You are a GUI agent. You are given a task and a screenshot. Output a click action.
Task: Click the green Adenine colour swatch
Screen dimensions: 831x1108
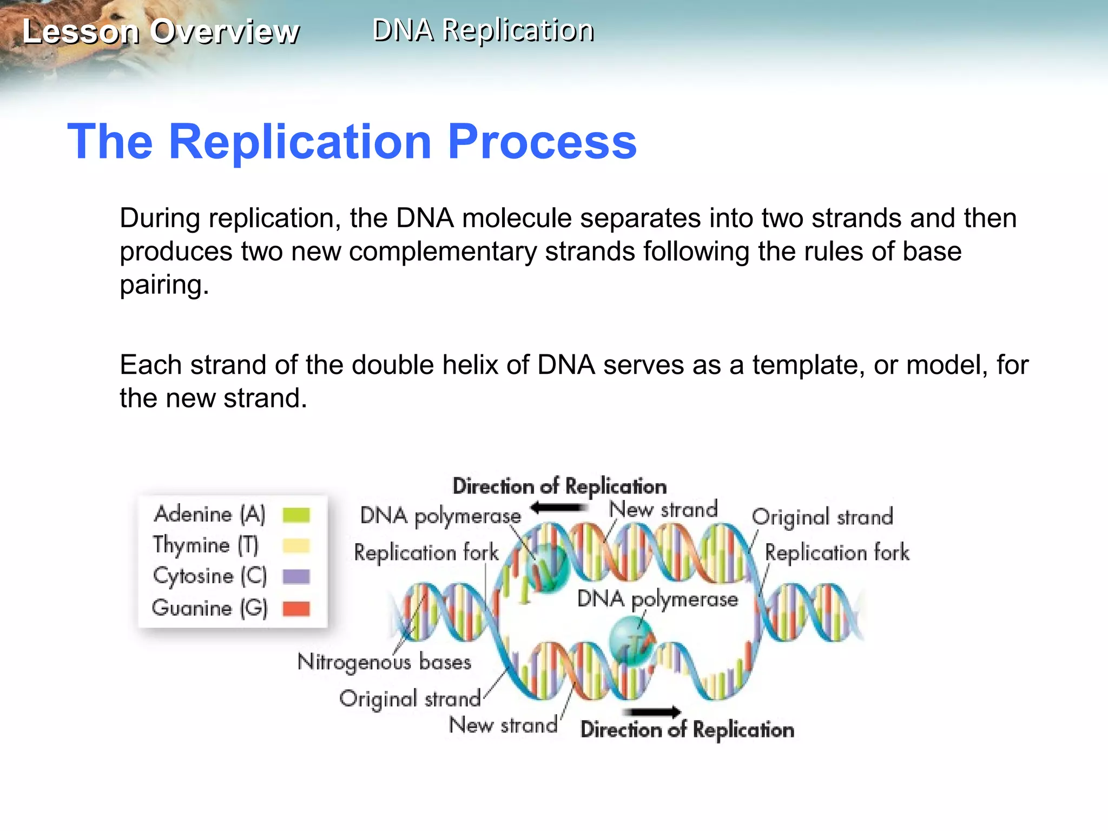coord(296,515)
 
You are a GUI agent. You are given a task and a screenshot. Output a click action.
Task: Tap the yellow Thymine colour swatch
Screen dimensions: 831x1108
coord(296,546)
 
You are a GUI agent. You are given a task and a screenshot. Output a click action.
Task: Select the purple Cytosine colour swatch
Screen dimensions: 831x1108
coord(296,577)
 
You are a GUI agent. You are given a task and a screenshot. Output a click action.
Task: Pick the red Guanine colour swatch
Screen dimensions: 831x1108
coord(296,609)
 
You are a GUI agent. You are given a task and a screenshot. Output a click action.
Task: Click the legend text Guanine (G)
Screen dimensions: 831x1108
coord(210,608)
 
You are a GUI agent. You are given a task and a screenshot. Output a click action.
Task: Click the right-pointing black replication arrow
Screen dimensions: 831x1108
coord(652,712)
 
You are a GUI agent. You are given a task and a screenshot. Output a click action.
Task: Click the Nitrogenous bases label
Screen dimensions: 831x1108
coord(384,662)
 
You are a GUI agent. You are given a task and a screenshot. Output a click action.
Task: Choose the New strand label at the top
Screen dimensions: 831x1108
coord(663,509)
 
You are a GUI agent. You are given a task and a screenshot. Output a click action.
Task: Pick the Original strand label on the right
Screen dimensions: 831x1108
coord(822,517)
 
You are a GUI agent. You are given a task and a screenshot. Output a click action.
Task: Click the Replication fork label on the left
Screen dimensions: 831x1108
coord(426,553)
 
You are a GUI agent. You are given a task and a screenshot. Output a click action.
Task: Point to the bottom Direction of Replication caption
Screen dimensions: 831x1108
coord(687,730)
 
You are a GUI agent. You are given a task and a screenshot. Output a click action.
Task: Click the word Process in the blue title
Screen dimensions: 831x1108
coord(542,142)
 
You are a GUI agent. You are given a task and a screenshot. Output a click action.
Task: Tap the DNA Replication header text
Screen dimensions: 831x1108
coord(483,30)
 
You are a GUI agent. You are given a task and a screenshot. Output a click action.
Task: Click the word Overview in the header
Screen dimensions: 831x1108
coord(225,31)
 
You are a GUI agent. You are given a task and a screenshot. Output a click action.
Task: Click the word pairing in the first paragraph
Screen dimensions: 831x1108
coord(163,286)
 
